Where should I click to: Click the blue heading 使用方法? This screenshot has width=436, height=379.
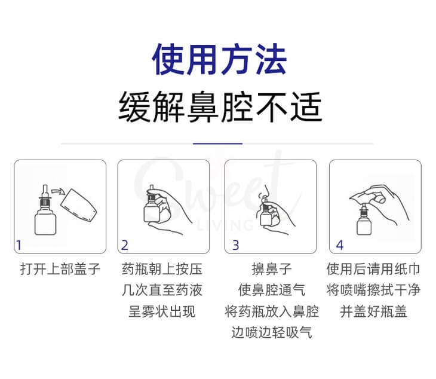coord(219,59)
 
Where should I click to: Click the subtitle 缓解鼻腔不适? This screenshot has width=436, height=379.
coord(219,108)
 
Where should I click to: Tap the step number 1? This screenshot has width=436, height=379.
coord(19,244)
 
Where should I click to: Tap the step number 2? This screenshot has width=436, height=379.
coord(124,244)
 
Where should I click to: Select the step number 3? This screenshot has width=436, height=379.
coord(235,244)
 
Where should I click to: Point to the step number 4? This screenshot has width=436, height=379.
coord(340,244)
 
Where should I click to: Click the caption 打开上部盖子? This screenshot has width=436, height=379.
coord(60,270)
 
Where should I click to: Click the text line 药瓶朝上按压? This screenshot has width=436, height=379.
coord(162,270)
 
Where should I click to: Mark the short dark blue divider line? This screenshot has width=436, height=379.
coord(218,143)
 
